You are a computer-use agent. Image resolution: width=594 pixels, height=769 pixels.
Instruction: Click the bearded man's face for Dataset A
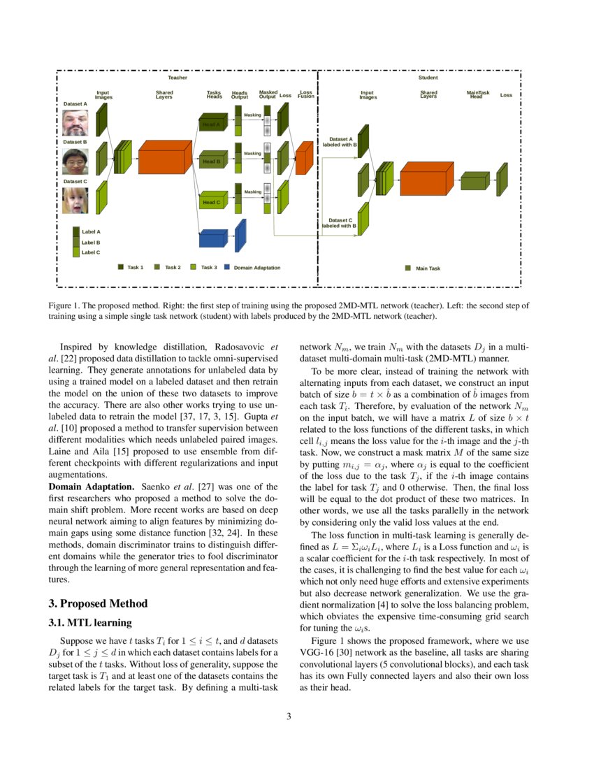[74, 122]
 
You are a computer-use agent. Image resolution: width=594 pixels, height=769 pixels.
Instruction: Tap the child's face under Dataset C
[74, 200]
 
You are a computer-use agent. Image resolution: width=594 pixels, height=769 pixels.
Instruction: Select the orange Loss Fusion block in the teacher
[303, 158]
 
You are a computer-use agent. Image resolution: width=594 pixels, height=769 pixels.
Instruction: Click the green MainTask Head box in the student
[475, 180]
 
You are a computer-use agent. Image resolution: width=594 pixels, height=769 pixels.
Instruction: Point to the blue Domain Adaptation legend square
[227, 266]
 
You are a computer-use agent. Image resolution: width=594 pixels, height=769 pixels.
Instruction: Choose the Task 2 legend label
[172, 267]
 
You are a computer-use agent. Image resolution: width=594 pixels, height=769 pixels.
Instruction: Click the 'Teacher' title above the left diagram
[178, 78]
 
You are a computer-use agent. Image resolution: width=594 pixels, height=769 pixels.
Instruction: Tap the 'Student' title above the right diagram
[428, 78]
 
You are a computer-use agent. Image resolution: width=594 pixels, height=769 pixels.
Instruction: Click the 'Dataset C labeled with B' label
[340, 223]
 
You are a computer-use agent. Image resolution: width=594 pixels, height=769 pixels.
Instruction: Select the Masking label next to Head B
[252, 153]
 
